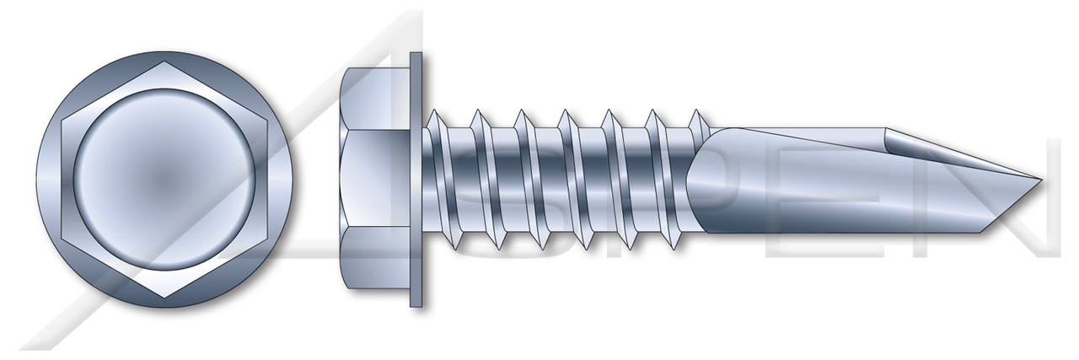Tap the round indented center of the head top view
165,180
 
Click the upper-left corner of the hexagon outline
63,121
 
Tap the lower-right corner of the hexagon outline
268,239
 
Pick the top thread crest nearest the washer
431,110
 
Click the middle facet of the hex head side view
375,180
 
